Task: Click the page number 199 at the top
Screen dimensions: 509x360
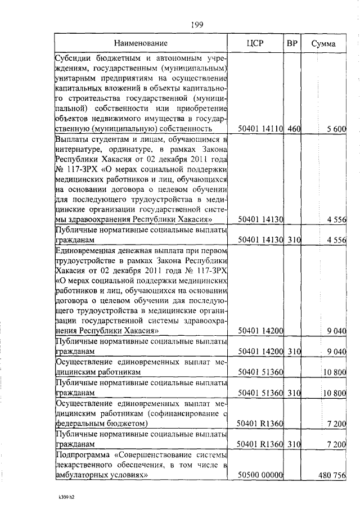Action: click(197, 24)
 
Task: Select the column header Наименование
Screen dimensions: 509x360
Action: click(141, 43)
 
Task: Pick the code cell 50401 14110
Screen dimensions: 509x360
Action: click(260, 129)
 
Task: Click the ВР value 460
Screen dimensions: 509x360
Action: click(294, 129)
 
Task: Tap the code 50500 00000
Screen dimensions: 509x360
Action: click(260, 475)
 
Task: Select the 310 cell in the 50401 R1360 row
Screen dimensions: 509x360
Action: click(294, 444)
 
